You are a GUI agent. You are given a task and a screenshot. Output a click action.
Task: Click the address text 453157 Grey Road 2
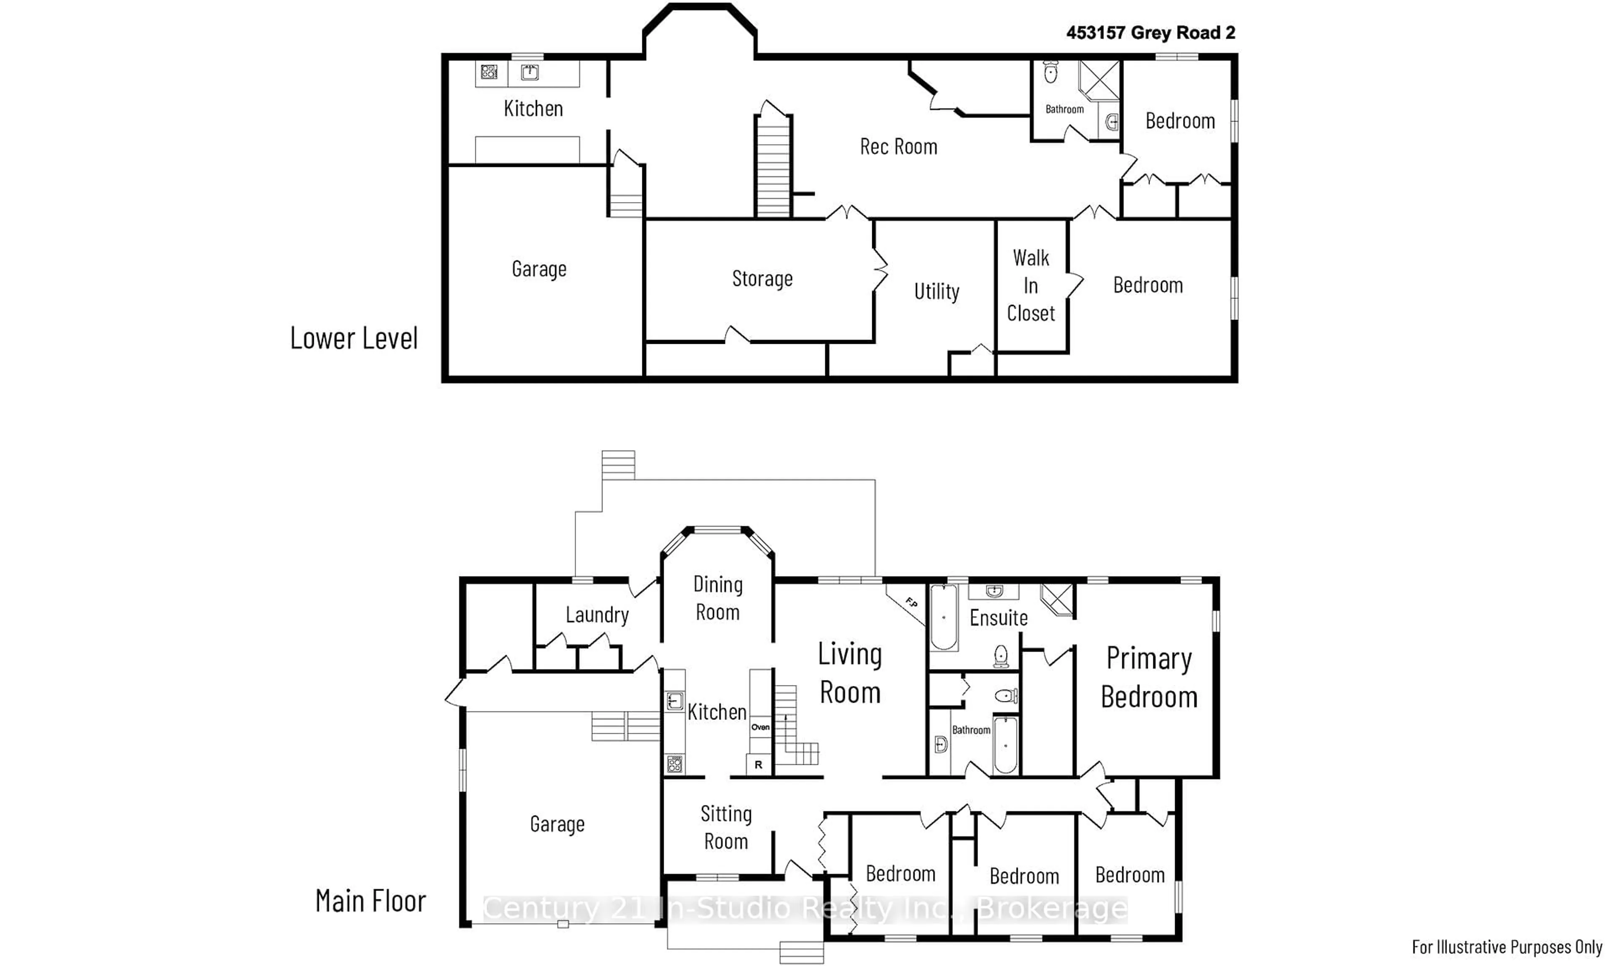click(x=1151, y=33)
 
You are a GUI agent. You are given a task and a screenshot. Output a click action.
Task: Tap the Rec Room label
click(x=899, y=146)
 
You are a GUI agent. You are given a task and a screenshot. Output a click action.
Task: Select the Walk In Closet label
click(x=1031, y=285)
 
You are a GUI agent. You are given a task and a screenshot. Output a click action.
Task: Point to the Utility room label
click(x=936, y=291)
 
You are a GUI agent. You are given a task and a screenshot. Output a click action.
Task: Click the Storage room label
click(x=762, y=278)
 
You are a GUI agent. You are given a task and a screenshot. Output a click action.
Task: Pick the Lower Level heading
click(x=354, y=338)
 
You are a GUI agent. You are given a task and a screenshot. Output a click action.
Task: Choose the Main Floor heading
click(x=370, y=901)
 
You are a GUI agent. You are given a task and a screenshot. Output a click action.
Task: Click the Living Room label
click(x=850, y=673)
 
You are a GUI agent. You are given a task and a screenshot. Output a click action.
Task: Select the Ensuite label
click(x=998, y=618)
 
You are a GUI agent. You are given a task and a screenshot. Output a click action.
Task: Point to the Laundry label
click(x=597, y=615)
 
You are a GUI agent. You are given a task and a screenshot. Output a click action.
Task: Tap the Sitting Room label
click(x=726, y=827)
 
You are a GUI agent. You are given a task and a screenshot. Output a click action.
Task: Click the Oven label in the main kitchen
click(x=760, y=727)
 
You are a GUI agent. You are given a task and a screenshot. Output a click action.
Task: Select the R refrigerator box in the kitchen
click(x=759, y=765)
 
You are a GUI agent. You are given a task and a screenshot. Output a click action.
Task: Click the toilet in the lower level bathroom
click(x=1051, y=72)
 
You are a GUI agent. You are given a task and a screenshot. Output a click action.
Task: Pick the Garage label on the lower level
click(x=539, y=269)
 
